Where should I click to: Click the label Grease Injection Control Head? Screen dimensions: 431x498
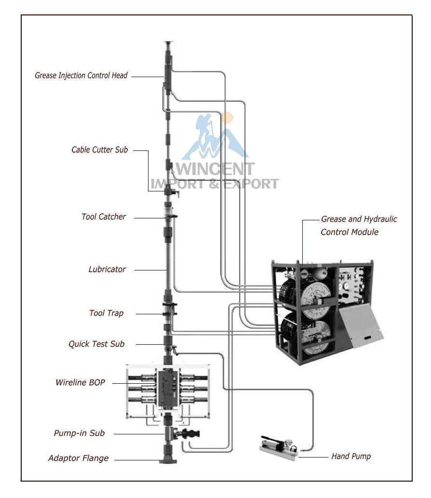pos(81,76)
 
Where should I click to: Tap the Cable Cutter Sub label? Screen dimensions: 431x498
pos(99,149)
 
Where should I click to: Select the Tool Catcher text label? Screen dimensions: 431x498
pos(104,216)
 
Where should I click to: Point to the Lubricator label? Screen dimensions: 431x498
pos(107,269)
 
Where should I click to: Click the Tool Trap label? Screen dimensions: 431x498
pos(106,313)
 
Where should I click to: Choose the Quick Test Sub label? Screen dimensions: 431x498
pos(96,344)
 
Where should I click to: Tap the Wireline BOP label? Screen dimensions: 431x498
pos(80,382)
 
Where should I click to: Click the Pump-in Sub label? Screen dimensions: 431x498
pos(79,433)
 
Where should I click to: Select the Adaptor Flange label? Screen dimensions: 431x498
pos(78,458)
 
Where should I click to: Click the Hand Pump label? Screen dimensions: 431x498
pos(351,457)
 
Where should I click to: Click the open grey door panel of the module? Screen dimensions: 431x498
pos(361,325)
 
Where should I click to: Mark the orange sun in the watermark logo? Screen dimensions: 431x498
pos(227,118)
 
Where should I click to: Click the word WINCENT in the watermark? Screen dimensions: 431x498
pos(215,169)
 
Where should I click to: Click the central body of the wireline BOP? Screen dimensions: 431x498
pos(167,389)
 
